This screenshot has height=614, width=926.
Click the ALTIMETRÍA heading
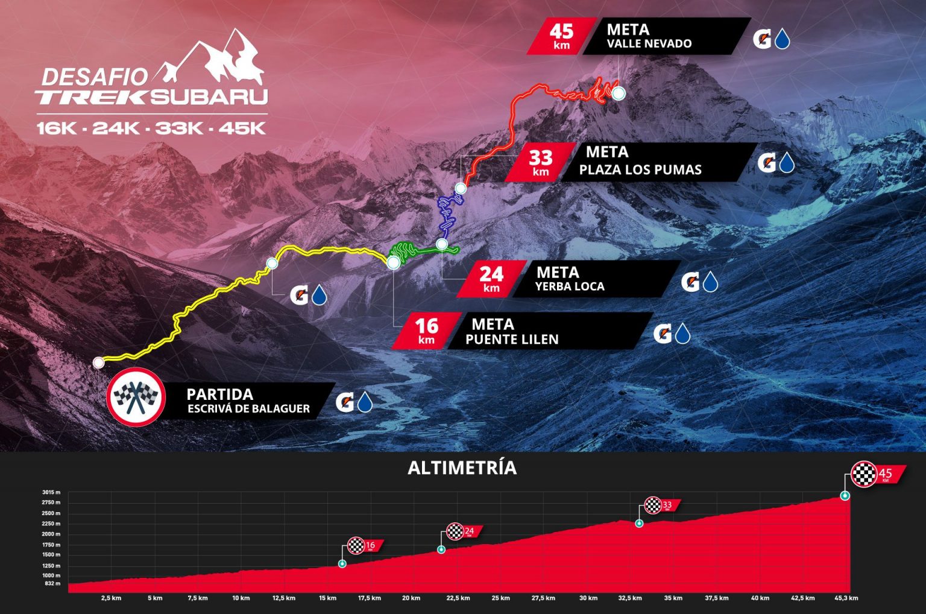tap(462, 468)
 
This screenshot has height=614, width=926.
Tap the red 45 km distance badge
tap(560, 36)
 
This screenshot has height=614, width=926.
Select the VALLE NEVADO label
tap(649, 44)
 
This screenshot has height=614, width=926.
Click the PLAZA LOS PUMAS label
tap(640, 170)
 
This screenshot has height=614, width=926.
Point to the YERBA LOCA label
tap(569, 286)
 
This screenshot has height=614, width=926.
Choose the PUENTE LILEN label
tap(512, 340)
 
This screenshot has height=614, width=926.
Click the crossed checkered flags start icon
tap(136, 396)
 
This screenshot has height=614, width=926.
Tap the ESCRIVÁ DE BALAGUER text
tap(248, 409)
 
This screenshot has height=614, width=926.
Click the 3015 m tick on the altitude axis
tap(51, 493)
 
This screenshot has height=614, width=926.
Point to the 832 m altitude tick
tap(53, 584)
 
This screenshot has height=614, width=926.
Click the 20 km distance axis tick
tap(411, 598)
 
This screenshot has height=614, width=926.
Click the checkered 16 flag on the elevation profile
tap(357, 546)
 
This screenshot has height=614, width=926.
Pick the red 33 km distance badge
tap(540, 162)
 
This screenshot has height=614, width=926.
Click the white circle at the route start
tap(98, 362)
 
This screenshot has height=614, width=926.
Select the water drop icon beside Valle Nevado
tap(783, 40)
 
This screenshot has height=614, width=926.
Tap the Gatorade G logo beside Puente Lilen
tap(662, 334)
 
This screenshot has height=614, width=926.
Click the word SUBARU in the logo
tap(209, 97)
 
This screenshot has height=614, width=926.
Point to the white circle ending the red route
tap(618, 93)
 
